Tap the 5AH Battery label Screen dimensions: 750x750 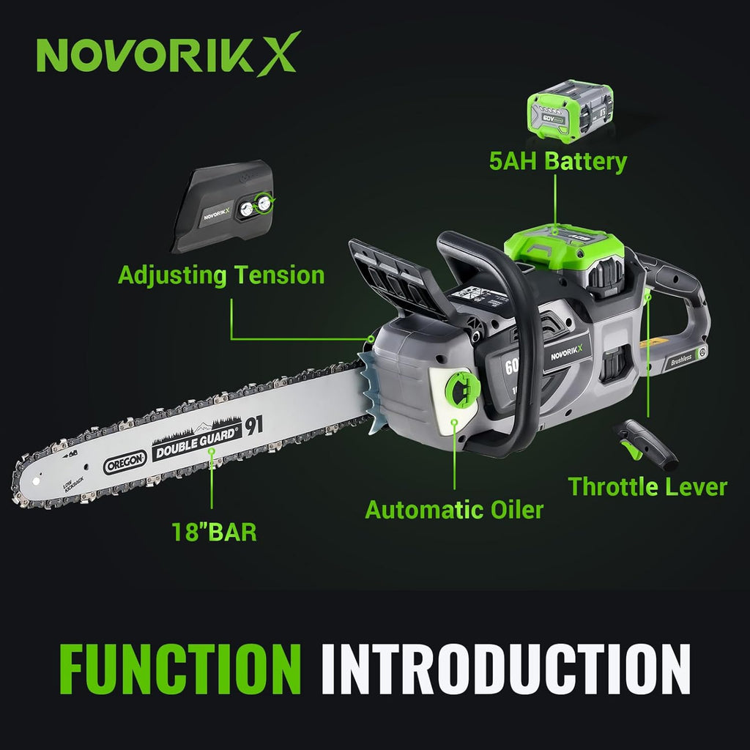point(558,161)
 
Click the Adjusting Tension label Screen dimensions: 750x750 point(221,275)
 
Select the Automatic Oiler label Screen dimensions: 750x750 point(454,509)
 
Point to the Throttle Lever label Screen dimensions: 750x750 point(648,486)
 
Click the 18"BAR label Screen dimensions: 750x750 point(214,531)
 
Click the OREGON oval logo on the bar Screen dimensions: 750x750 point(125,461)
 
